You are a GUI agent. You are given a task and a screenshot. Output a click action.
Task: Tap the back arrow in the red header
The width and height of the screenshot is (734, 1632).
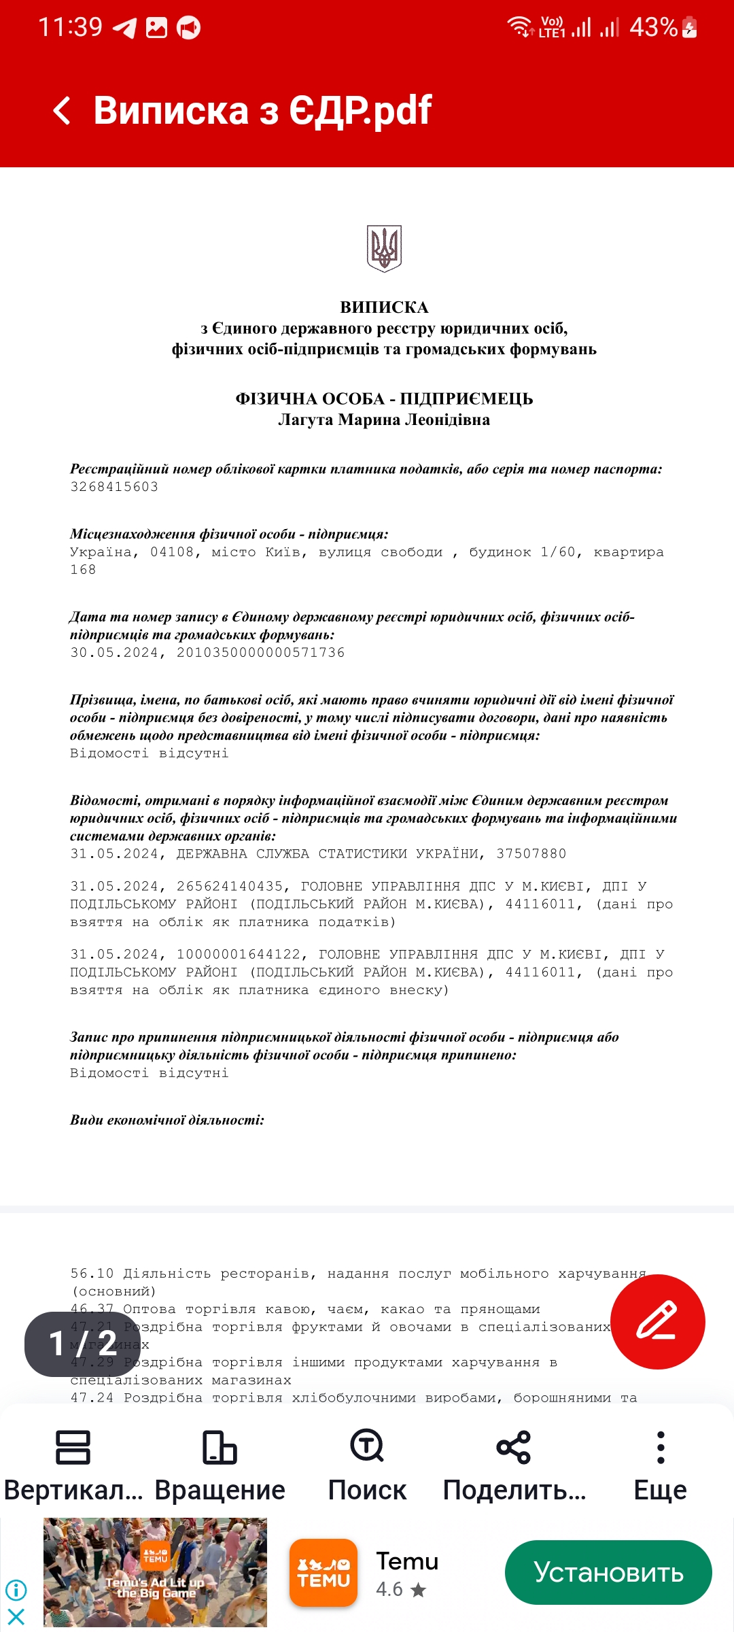click(62, 110)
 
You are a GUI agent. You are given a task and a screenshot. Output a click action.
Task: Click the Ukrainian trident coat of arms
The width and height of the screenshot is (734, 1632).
click(385, 248)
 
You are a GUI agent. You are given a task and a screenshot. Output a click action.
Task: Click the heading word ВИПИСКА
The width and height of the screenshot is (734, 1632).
click(384, 307)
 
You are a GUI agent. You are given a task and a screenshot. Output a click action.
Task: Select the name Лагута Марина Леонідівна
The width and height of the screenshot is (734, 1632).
click(384, 420)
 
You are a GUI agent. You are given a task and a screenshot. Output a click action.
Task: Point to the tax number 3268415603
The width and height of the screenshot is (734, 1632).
click(114, 487)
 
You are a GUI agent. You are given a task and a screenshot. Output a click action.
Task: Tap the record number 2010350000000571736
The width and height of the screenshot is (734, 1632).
click(261, 653)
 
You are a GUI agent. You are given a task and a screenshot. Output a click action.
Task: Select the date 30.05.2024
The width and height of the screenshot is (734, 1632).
click(114, 653)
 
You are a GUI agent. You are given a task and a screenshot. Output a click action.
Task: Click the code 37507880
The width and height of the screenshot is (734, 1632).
click(531, 854)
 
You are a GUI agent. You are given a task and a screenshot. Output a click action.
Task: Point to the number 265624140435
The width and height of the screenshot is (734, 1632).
click(230, 887)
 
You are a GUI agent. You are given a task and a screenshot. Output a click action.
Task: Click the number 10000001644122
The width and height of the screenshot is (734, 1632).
click(239, 955)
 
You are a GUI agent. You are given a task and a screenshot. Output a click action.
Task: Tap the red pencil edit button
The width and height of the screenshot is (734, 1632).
click(657, 1321)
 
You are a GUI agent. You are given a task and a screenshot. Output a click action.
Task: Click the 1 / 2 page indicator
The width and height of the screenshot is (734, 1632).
click(82, 1344)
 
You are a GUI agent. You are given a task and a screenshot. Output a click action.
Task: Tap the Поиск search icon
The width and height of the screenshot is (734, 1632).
click(367, 1446)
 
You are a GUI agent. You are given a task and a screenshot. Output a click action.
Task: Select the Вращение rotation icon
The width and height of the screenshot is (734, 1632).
click(220, 1446)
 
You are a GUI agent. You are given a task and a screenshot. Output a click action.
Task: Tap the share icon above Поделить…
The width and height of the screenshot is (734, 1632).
click(514, 1446)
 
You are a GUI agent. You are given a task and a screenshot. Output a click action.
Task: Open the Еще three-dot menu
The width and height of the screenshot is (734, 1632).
click(660, 1446)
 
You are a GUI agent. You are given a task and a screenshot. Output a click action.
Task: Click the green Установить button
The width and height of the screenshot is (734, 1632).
click(608, 1572)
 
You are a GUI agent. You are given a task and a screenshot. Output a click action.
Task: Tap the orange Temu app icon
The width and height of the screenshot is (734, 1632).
click(324, 1572)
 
